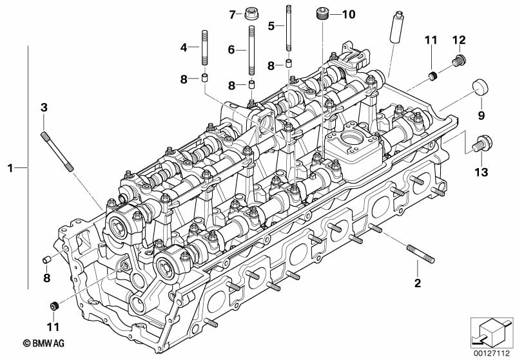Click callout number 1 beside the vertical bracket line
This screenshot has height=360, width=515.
point(10,168)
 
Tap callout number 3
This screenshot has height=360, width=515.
point(44,107)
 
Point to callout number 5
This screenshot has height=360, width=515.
point(271,25)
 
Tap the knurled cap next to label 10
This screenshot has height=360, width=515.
point(324,14)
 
